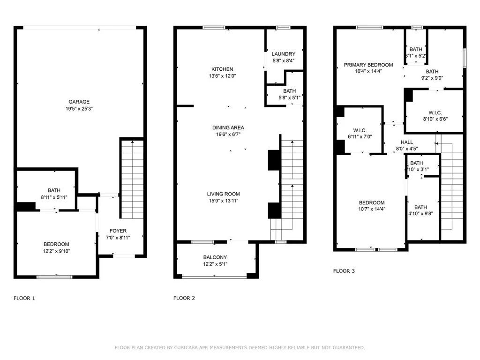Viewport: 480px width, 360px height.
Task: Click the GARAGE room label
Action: (x=79, y=102)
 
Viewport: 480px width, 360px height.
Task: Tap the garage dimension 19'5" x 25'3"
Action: (x=79, y=109)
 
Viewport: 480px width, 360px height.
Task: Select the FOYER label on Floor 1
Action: (x=118, y=231)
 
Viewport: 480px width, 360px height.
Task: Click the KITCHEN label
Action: (x=222, y=69)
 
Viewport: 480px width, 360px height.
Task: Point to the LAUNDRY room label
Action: (x=284, y=54)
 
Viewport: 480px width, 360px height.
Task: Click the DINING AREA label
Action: (x=228, y=127)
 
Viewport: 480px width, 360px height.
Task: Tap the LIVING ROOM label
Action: (x=224, y=194)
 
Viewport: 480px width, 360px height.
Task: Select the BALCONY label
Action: (x=215, y=257)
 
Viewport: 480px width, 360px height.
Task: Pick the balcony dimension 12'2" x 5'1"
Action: (x=215, y=264)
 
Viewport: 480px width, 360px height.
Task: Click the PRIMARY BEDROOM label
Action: (x=368, y=65)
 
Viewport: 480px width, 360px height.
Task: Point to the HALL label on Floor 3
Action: (x=407, y=142)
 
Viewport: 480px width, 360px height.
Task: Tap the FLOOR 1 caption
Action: (x=24, y=298)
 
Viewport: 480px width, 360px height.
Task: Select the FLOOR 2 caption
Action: (x=184, y=298)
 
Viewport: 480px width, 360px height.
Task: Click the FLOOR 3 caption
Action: (x=344, y=271)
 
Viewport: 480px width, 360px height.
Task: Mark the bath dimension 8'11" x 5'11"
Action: (x=54, y=197)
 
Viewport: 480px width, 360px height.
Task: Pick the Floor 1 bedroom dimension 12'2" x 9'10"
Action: (x=56, y=251)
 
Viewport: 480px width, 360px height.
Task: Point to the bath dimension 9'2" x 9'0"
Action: (x=432, y=78)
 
